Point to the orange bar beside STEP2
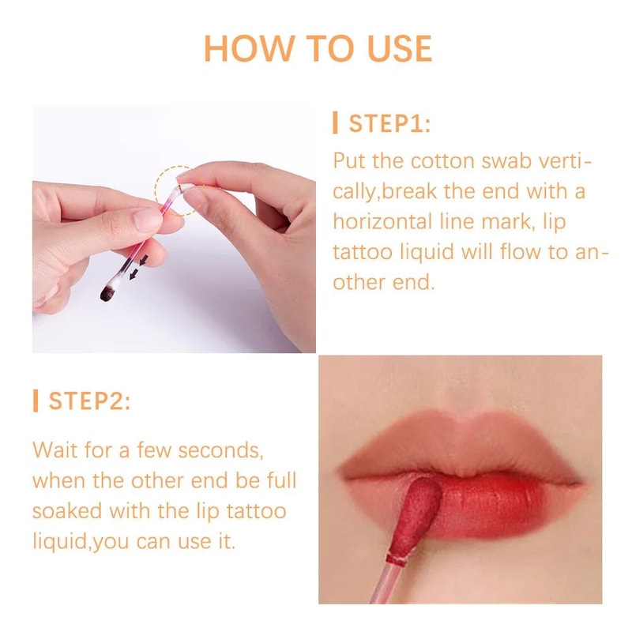tap(36, 401)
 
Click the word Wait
tap(58, 450)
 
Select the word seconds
tap(220, 450)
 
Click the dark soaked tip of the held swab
tap(107, 293)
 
